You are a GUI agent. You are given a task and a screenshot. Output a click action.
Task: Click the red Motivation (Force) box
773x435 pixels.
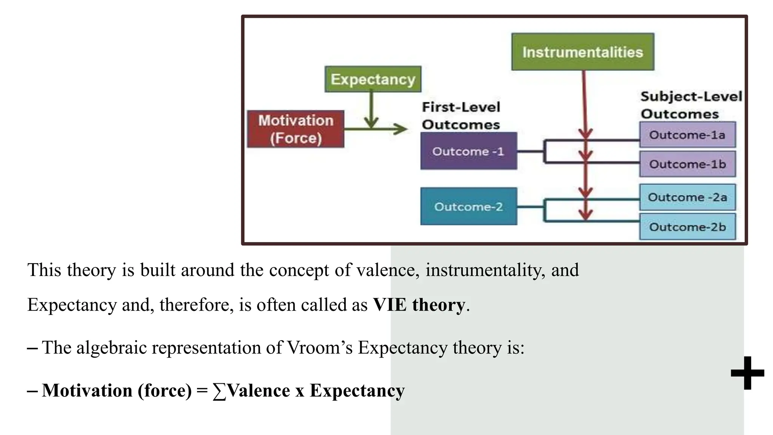[x=296, y=129]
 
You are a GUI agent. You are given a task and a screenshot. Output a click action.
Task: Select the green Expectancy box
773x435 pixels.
[x=373, y=79]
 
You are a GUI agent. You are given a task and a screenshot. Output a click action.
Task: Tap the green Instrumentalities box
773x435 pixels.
[x=583, y=52]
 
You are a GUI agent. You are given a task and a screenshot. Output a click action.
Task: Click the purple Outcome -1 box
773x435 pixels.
[x=468, y=151]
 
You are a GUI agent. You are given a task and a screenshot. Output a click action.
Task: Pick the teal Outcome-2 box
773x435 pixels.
[x=468, y=207]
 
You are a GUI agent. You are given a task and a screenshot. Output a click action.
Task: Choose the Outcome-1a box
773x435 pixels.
[x=687, y=135]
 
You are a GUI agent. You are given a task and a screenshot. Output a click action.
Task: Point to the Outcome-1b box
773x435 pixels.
[x=687, y=164]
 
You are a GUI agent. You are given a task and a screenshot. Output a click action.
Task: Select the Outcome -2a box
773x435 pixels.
[x=687, y=197]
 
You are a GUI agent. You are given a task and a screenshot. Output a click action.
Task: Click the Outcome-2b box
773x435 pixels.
[x=687, y=227]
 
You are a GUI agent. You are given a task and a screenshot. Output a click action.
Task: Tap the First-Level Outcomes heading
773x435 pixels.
[x=461, y=116]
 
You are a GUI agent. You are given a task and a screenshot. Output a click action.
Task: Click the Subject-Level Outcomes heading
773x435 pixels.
[x=691, y=105]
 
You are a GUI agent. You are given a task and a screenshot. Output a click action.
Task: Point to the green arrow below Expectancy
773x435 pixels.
[x=371, y=110]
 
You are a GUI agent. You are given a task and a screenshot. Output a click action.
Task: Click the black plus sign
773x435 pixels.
[x=747, y=373]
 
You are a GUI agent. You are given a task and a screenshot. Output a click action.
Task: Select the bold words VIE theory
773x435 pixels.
[x=419, y=304]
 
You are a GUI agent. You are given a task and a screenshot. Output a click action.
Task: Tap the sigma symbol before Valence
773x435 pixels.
[x=219, y=391]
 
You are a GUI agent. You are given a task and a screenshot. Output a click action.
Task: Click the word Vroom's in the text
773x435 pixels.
[x=320, y=347]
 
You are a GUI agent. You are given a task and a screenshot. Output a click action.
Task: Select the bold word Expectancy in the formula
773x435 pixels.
[x=357, y=390]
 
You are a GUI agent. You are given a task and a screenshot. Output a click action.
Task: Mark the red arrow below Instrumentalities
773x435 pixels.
[x=584, y=102]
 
